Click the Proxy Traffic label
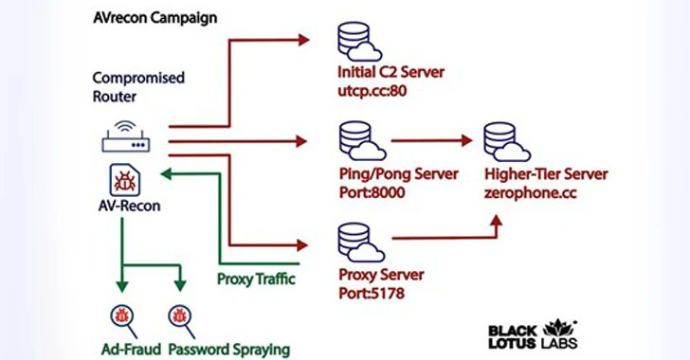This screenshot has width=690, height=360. click(255, 279)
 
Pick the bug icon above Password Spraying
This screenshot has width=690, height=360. click(178, 315)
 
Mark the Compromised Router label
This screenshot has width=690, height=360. click(138, 86)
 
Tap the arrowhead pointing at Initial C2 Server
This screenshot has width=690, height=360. click(303, 40)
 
